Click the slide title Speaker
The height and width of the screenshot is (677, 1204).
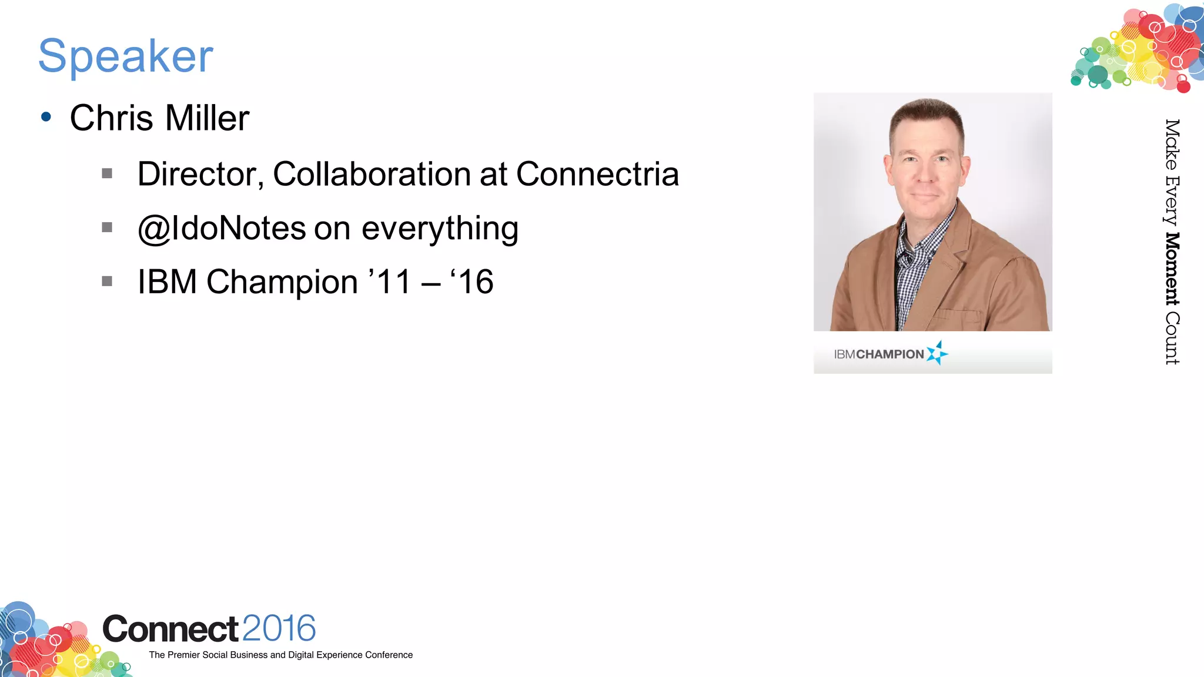[x=125, y=56]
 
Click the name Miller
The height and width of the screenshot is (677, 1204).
[x=207, y=118]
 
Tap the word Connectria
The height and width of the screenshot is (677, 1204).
[x=597, y=175]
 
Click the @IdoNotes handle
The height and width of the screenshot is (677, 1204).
[x=222, y=228]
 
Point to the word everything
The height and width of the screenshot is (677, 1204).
[x=440, y=228]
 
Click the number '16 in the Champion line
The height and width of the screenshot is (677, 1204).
[x=472, y=282]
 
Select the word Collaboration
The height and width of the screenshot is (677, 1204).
[x=372, y=175]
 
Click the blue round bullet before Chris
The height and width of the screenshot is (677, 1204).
[x=46, y=117]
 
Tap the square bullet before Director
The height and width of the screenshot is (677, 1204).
[x=107, y=173]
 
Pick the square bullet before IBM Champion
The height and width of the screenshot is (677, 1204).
[x=107, y=281]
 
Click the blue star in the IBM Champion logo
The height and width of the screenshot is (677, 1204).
[x=937, y=353]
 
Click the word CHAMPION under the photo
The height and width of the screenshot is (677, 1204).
[x=890, y=354]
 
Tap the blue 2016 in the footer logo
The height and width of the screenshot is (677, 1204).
[x=279, y=628]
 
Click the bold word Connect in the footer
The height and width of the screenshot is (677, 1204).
[x=170, y=629]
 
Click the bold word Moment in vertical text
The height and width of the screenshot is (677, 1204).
[x=1172, y=269]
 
